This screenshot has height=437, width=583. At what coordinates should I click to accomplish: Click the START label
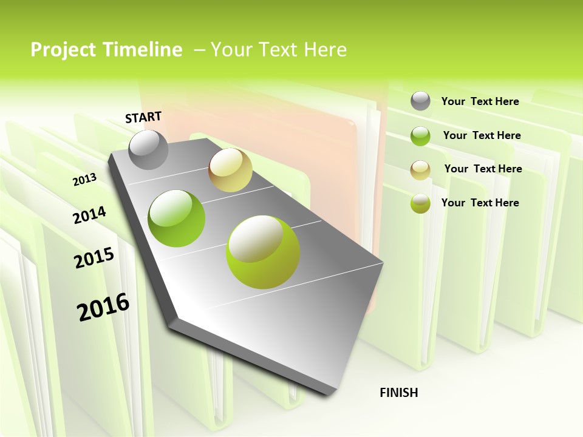(143, 117)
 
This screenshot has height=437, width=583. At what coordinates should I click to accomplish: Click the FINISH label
(398, 393)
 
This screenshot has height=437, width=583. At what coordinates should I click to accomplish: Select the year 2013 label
(84, 180)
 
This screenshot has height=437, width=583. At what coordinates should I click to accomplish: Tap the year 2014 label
(89, 215)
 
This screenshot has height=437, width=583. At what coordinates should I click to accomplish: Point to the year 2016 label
(103, 307)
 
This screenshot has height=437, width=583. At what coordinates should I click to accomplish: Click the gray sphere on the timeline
(148, 149)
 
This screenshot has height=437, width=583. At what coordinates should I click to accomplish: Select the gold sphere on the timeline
(230, 170)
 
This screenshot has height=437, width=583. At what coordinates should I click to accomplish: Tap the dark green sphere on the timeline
(177, 218)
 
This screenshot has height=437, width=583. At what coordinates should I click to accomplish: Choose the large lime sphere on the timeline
(263, 252)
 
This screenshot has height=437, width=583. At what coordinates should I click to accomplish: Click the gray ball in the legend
(420, 101)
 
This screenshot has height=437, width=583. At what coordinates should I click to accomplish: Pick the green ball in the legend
(420, 135)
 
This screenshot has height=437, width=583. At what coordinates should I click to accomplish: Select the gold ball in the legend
(420, 169)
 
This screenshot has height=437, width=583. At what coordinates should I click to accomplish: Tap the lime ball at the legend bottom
(420, 203)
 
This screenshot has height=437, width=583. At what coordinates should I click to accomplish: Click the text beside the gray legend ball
(480, 101)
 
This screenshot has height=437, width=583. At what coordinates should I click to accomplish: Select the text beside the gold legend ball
(483, 169)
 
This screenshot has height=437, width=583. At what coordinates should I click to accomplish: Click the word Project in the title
(63, 50)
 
